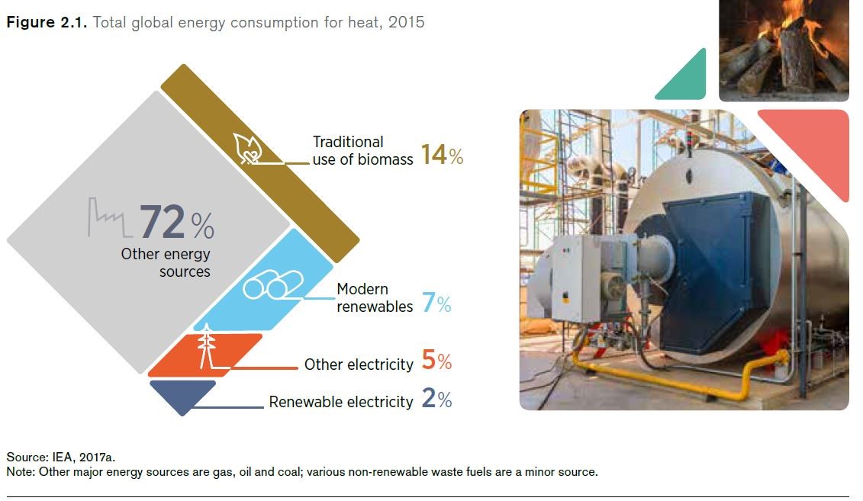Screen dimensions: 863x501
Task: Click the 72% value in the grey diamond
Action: click(x=177, y=222)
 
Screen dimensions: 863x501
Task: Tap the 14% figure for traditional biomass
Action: click(x=442, y=155)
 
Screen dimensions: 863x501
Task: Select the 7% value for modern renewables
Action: click(x=436, y=303)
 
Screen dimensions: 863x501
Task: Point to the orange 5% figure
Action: click(x=436, y=360)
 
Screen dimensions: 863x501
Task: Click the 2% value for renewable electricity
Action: click(x=437, y=398)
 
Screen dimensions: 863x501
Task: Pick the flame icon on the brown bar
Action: click(x=248, y=149)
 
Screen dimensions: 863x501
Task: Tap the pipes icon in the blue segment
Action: click(x=273, y=284)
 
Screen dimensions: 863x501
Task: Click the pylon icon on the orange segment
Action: click(x=206, y=346)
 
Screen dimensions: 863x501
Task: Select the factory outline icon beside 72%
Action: click(x=110, y=217)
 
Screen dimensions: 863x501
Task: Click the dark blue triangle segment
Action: click(x=182, y=395)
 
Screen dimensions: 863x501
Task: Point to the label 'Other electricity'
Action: click(x=359, y=365)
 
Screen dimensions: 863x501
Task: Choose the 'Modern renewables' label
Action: click(x=375, y=297)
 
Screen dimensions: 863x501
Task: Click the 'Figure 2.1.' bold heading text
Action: click(x=47, y=22)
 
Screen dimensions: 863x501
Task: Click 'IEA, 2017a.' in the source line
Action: click(x=84, y=457)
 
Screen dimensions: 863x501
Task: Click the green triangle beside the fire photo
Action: click(x=683, y=78)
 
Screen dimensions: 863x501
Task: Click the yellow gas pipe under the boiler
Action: click(x=681, y=377)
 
